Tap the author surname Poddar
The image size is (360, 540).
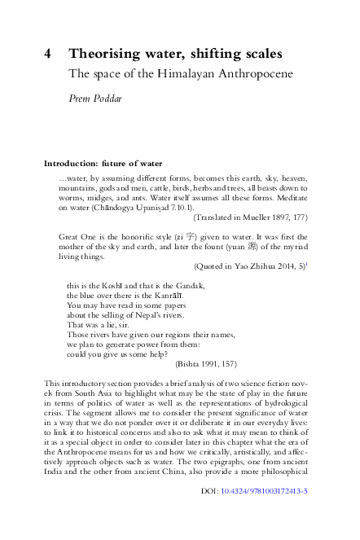[115, 99]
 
